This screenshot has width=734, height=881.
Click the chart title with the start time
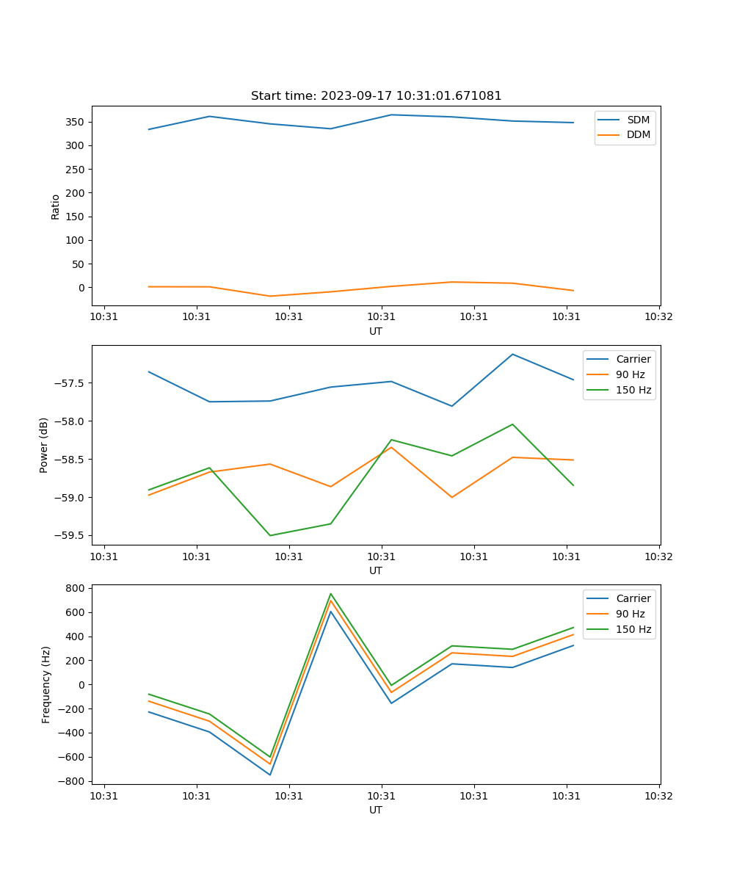coord(376,96)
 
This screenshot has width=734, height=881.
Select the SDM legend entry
coord(638,120)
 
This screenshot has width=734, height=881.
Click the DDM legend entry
coord(638,134)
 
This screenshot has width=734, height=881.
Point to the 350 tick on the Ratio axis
coord(75,122)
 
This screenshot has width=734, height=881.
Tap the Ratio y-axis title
coord(56,207)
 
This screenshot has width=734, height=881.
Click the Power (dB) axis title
coord(44,445)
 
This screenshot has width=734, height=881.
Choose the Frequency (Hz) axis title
coord(46,684)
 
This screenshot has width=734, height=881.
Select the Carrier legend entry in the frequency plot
coord(633,598)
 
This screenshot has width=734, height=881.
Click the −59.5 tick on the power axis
coord(68,536)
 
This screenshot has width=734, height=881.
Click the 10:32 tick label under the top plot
coord(658,317)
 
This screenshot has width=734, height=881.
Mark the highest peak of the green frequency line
coord(331,593)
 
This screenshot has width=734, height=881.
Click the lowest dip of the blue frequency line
coord(270,775)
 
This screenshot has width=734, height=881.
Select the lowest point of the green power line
coord(270,535)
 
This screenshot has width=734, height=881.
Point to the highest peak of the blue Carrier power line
coord(512,354)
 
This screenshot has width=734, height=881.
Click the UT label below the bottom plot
coord(376,810)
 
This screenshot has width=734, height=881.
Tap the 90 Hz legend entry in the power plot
coord(630,374)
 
